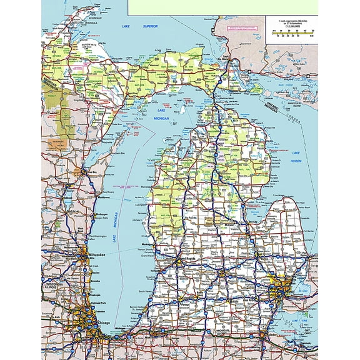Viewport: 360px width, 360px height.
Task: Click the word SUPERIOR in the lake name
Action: [x=149, y=27]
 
